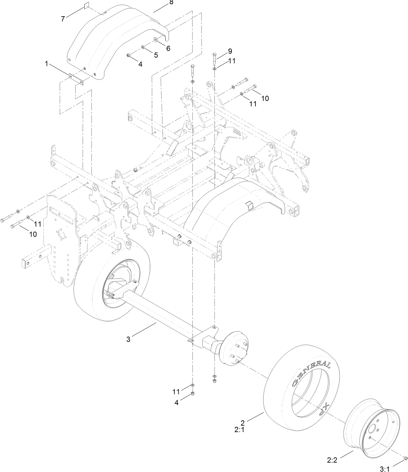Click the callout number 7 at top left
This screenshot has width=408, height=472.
(63, 19)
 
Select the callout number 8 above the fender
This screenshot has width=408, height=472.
(171, 3)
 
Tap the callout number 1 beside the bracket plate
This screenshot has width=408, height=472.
(47, 64)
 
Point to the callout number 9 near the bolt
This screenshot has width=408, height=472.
(230, 51)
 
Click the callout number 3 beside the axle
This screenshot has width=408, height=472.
(128, 339)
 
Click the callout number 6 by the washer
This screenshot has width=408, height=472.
(168, 48)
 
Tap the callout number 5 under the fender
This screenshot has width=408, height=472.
(156, 55)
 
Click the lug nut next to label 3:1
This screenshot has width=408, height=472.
(405, 458)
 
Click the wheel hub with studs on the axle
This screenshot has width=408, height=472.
(235, 350)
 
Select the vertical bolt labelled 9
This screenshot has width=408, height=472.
(214, 59)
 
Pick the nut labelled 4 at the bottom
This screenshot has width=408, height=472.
(193, 394)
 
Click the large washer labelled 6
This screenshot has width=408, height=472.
(156, 40)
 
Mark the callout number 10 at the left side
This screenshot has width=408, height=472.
(33, 234)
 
